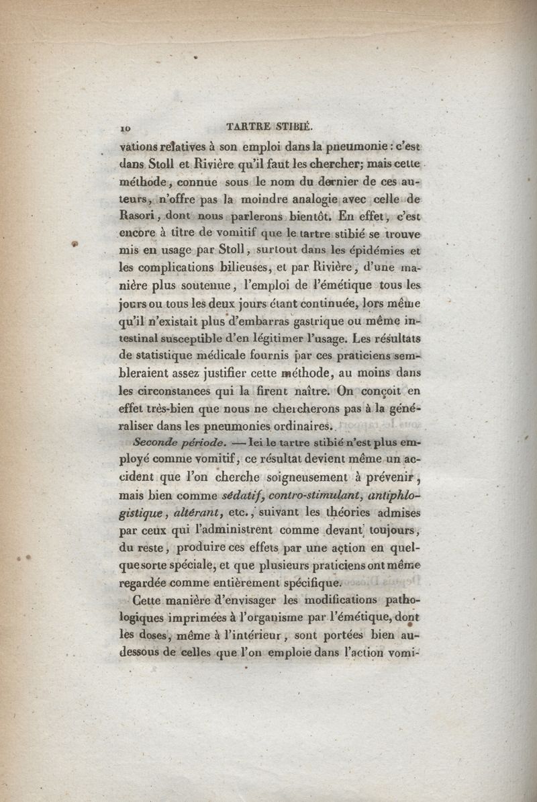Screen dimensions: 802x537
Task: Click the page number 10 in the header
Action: [124, 126]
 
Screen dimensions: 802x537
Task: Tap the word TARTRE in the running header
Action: [247, 126]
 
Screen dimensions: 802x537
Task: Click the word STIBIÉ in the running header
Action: [291, 126]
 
